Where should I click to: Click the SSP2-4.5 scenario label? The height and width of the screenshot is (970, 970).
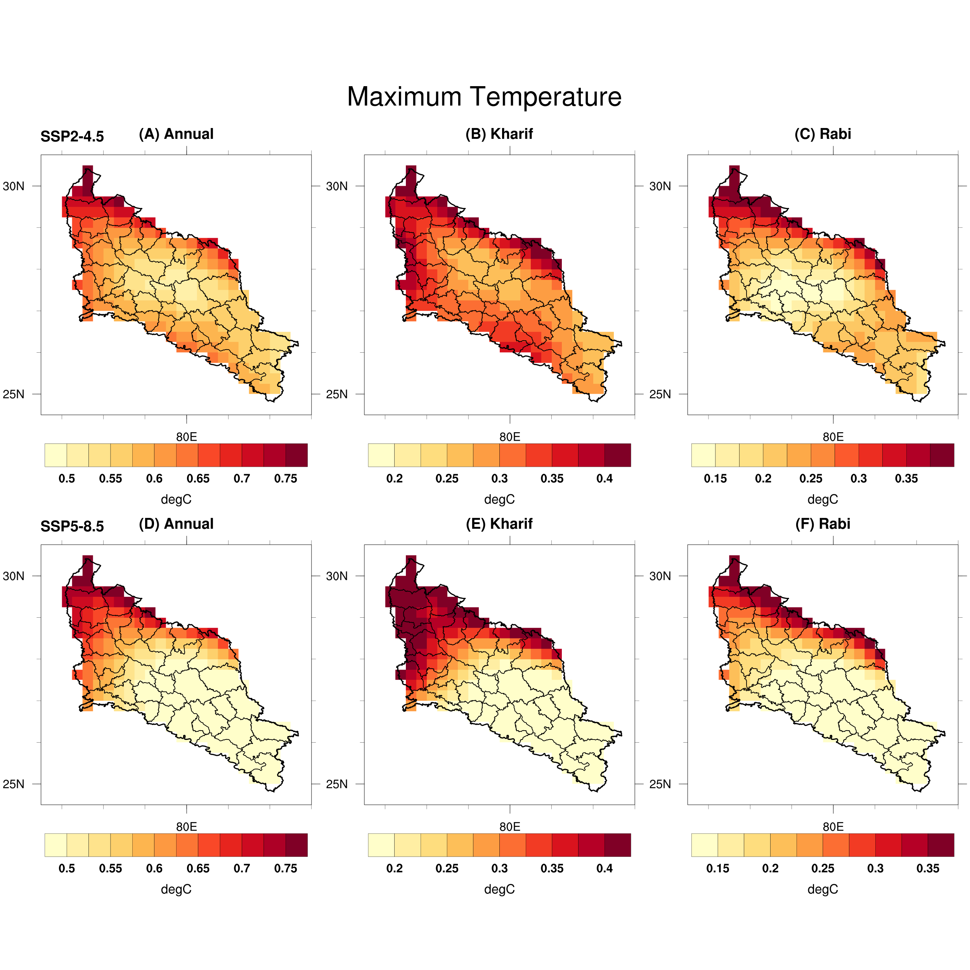[x=72, y=136]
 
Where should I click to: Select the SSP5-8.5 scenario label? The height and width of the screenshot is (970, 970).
[x=72, y=526]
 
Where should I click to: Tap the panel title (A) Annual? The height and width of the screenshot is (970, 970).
[x=176, y=134]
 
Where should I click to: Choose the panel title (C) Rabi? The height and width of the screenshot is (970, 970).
[x=823, y=134]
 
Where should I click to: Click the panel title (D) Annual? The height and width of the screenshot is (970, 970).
[x=176, y=524]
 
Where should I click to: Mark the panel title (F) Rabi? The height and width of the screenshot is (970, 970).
[x=823, y=524]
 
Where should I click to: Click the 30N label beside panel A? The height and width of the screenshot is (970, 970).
[x=14, y=186]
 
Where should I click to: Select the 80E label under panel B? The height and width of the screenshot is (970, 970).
[x=509, y=437]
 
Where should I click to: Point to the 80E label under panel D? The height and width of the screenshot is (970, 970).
[x=186, y=826]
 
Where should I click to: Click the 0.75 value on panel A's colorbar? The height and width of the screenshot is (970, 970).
[x=286, y=478]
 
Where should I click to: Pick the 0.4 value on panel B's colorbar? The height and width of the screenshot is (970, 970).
[x=605, y=478]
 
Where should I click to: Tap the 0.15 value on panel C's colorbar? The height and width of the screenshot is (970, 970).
[x=715, y=478]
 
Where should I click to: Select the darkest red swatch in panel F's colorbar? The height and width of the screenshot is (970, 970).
[x=941, y=845]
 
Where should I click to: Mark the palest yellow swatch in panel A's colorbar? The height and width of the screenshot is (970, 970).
[x=56, y=455]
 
